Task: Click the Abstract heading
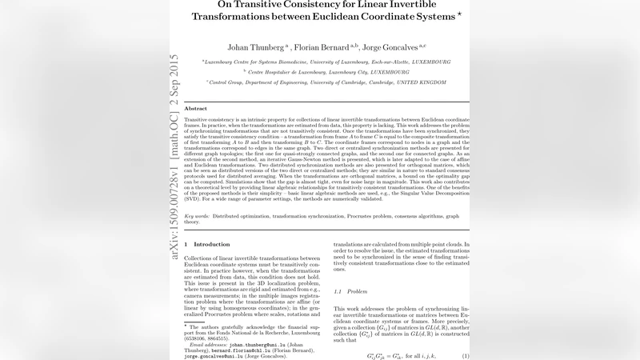(x=195, y=108)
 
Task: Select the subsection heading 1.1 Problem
(x=353, y=291)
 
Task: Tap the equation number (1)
(x=465, y=355)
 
